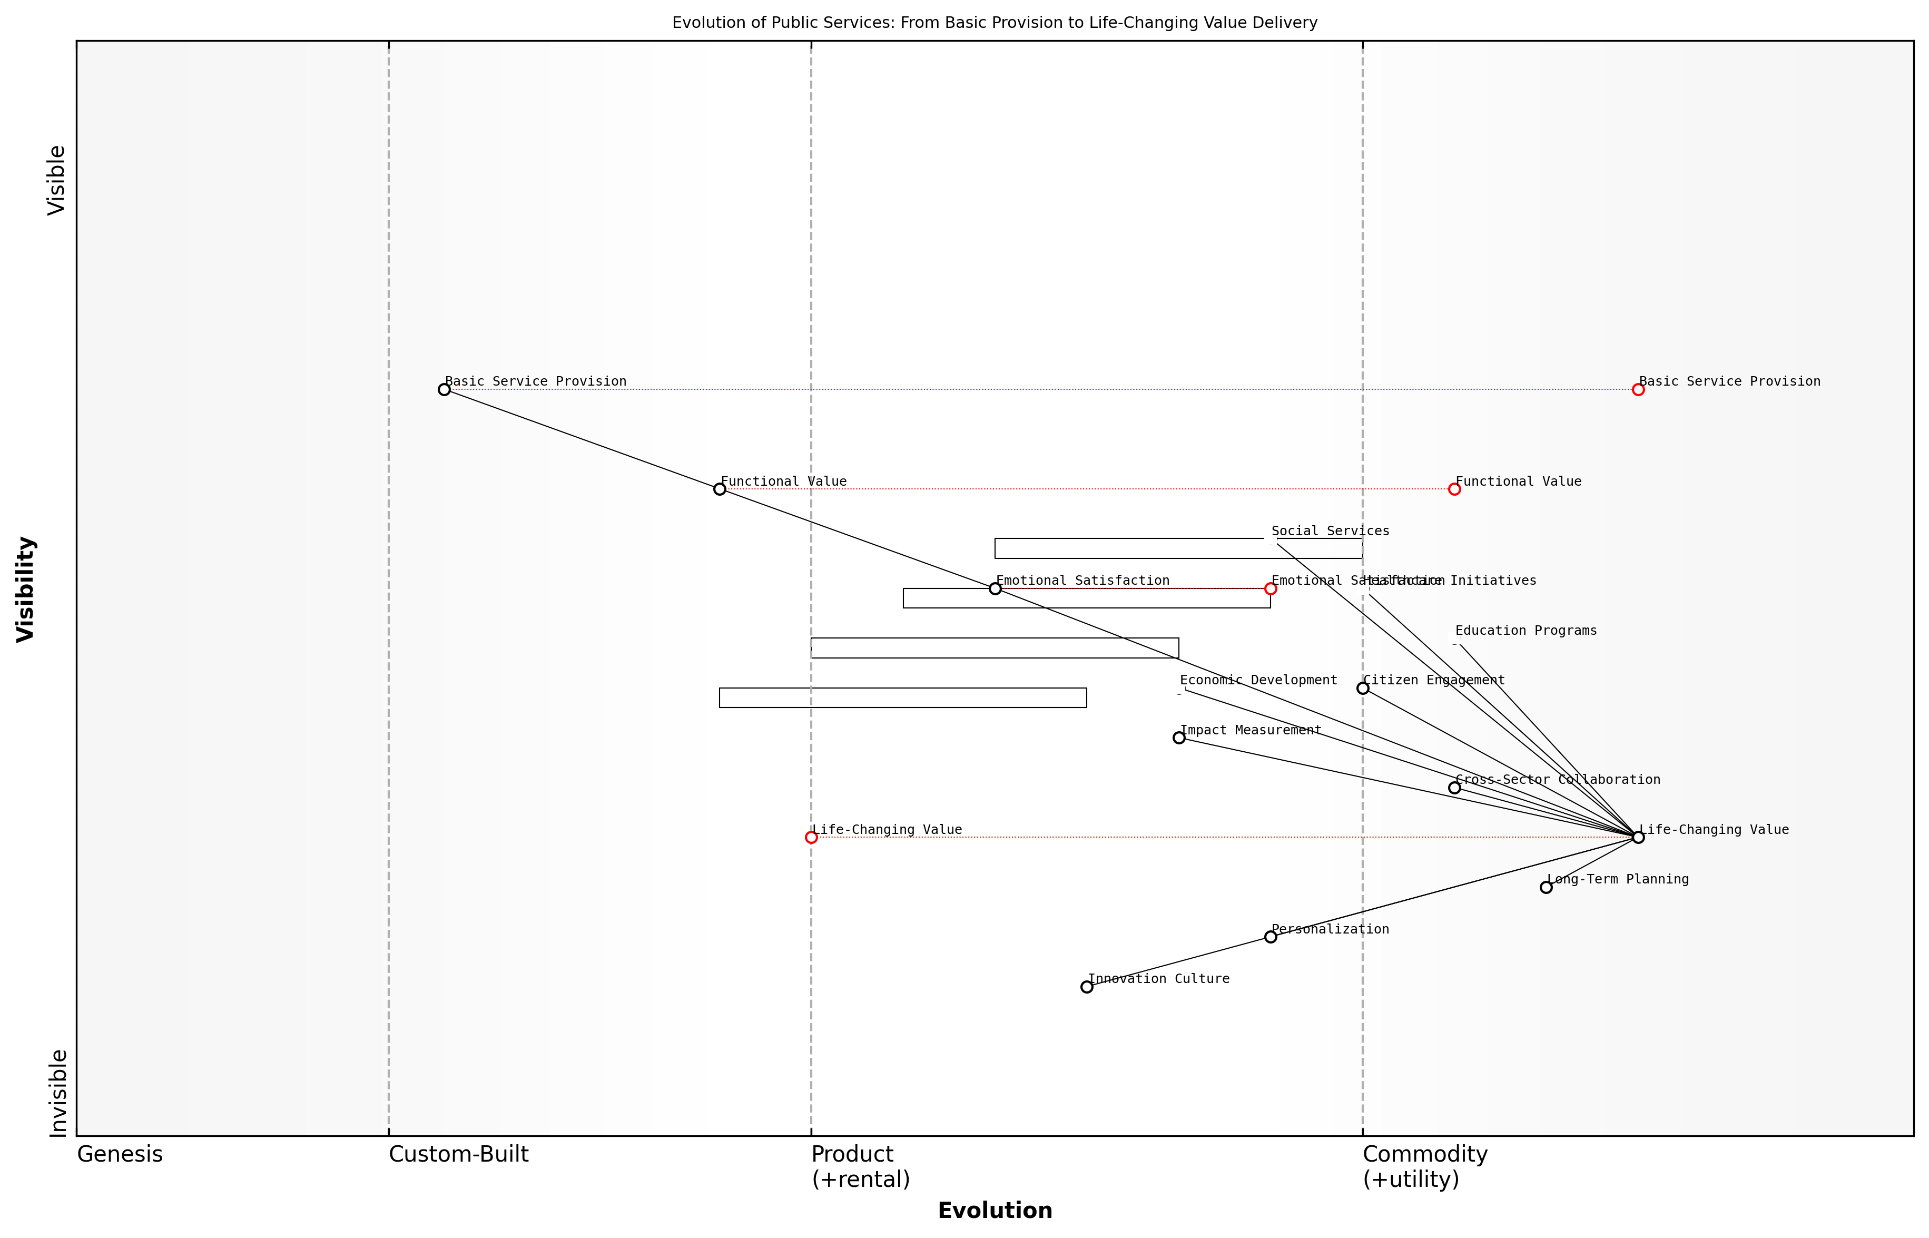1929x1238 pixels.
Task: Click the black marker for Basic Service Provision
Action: [444, 389]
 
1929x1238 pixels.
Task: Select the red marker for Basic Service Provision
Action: [1637, 389]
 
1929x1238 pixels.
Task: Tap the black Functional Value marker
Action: [720, 489]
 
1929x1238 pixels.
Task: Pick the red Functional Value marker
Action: [1453, 489]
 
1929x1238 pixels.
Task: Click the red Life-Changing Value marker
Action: [811, 837]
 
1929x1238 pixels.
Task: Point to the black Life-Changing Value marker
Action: [1637, 837]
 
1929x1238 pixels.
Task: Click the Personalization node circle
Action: [1270, 937]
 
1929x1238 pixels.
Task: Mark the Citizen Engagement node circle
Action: [1362, 687]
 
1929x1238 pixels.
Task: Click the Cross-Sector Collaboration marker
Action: [1454, 787]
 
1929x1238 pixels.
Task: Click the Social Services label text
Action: [1330, 530]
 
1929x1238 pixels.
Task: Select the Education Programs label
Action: [1525, 630]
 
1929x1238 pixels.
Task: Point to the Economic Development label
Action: [1258, 680]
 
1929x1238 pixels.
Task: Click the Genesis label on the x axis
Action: [120, 1154]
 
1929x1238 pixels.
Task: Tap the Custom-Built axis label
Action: [458, 1154]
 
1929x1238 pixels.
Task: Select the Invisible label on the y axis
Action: [57, 1093]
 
